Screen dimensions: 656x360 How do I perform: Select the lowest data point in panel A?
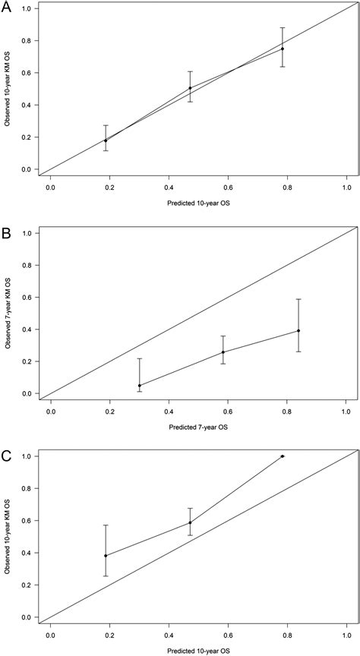click(x=106, y=140)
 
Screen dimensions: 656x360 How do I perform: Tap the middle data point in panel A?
click(x=190, y=88)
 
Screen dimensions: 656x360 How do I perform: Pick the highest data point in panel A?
click(x=283, y=49)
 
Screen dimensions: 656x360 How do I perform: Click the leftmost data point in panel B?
click(x=140, y=385)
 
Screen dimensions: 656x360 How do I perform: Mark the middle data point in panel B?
click(x=223, y=352)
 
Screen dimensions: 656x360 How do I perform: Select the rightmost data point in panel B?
click(x=298, y=330)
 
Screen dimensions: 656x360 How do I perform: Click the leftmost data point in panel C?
click(x=106, y=556)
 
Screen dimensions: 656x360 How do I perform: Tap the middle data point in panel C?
click(x=190, y=522)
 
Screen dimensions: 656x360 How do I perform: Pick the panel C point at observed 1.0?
click(x=283, y=456)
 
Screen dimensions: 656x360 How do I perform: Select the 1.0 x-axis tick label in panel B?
click(x=346, y=408)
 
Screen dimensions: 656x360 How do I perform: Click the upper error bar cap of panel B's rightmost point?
click(x=298, y=299)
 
